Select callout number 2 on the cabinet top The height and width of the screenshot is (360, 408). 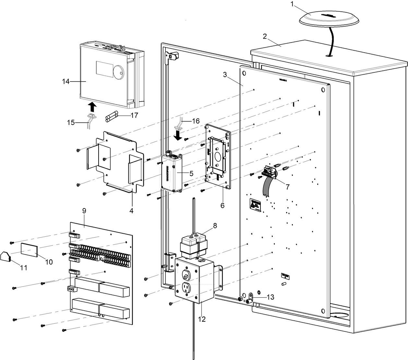point(265,36)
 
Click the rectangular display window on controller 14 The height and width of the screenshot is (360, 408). point(103,68)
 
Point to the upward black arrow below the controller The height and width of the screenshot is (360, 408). point(92,106)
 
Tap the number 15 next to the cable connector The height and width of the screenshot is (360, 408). point(71,122)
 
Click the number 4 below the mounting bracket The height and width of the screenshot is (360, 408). point(131,210)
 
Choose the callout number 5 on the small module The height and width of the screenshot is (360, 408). point(191,173)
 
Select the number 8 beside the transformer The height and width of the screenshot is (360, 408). point(215,225)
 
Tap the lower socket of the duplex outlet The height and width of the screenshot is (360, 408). point(186,288)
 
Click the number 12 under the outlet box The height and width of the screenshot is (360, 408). point(202,319)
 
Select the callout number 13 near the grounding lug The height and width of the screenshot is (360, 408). point(270,297)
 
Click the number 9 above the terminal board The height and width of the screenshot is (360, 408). point(84,211)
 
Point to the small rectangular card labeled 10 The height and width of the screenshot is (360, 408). point(29,250)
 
